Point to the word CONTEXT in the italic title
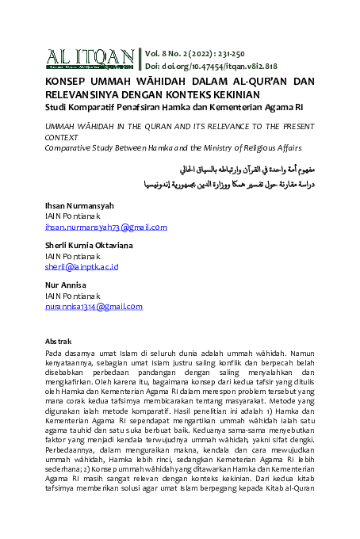tap(66, 137)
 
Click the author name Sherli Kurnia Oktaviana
tap(88, 246)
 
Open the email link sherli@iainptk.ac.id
tap(81, 267)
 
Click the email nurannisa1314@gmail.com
tap(94, 307)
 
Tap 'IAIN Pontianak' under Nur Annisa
tap(72, 296)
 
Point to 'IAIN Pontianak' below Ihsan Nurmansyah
tap(72, 216)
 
